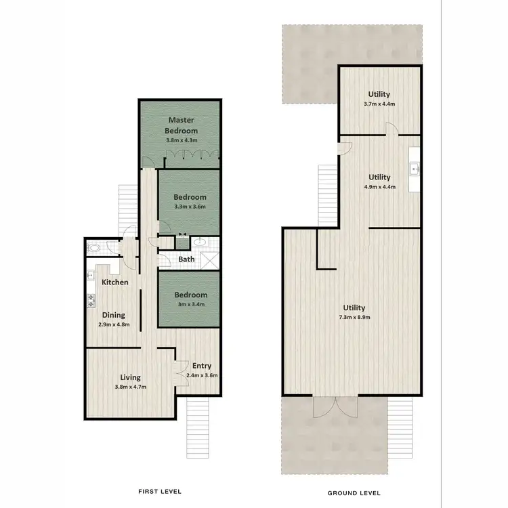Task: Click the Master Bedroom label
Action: click(x=182, y=125)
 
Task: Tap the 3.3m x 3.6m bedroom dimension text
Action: click(x=190, y=207)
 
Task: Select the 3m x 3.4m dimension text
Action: click(x=190, y=305)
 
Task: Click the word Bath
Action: click(x=186, y=259)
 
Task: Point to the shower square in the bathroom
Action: click(x=209, y=258)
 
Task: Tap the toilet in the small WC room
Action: click(x=93, y=249)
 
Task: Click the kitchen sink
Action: click(x=90, y=276)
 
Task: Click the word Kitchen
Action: click(x=115, y=282)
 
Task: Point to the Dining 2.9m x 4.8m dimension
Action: click(x=113, y=324)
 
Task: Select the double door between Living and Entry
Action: click(x=175, y=370)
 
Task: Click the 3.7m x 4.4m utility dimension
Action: click(x=379, y=104)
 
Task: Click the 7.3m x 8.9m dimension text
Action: click(x=354, y=317)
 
